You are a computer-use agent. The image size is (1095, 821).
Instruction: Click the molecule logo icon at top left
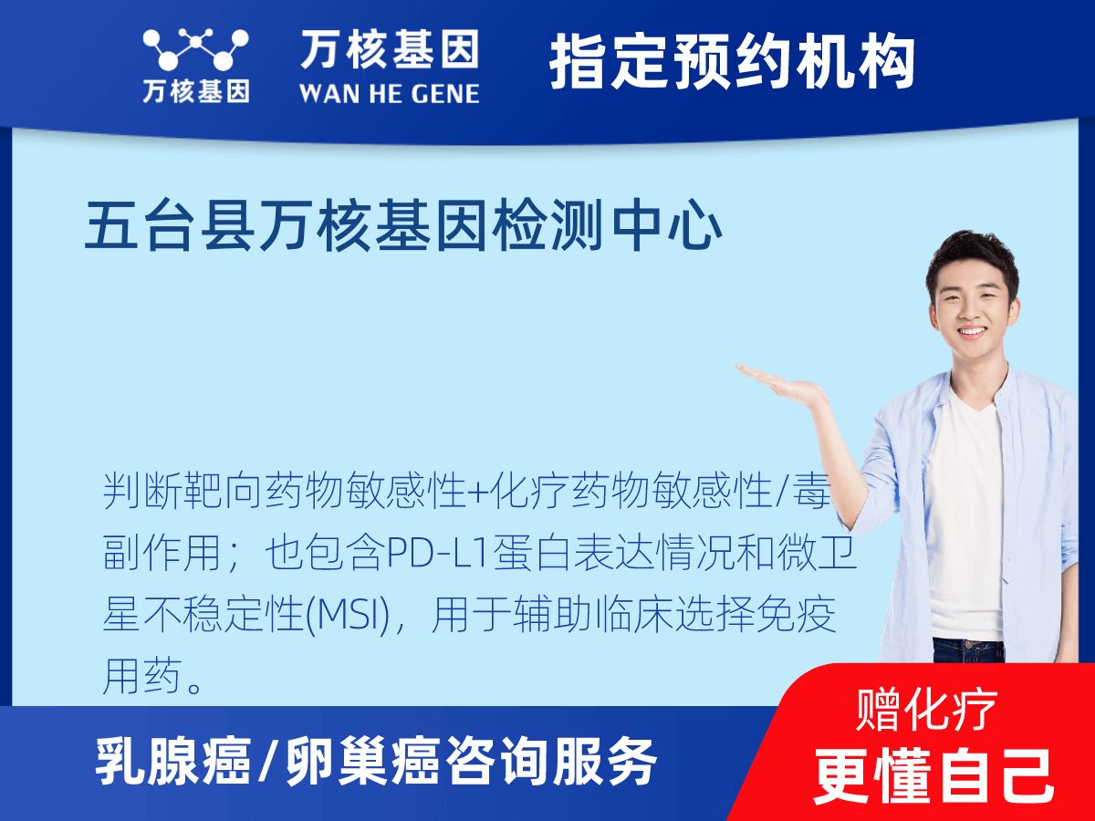pos(195,50)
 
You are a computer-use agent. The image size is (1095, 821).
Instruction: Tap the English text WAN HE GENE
pos(389,94)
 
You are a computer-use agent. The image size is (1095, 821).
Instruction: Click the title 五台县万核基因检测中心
pos(403,228)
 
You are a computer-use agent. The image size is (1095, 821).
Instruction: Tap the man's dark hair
pos(972,255)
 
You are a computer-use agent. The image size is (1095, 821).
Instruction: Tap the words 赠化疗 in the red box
pos(926,708)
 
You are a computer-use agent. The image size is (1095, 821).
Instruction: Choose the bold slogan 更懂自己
pos(933,774)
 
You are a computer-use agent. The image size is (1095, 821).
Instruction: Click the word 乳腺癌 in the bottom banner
pos(173,763)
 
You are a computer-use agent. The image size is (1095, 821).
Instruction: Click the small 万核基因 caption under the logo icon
pos(195,92)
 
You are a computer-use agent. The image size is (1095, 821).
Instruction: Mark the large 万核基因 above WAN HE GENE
pos(389,50)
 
